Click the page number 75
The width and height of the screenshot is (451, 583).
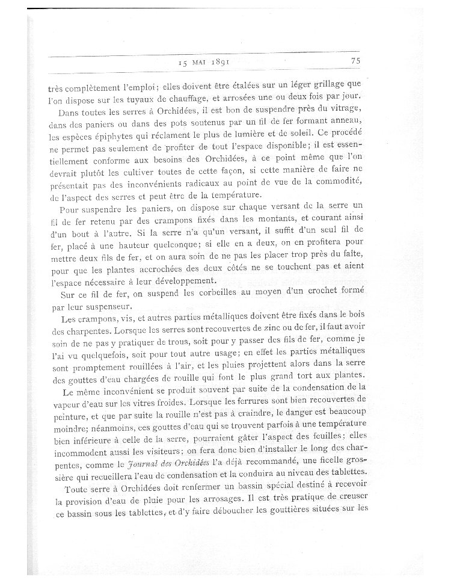(x=354, y=60)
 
